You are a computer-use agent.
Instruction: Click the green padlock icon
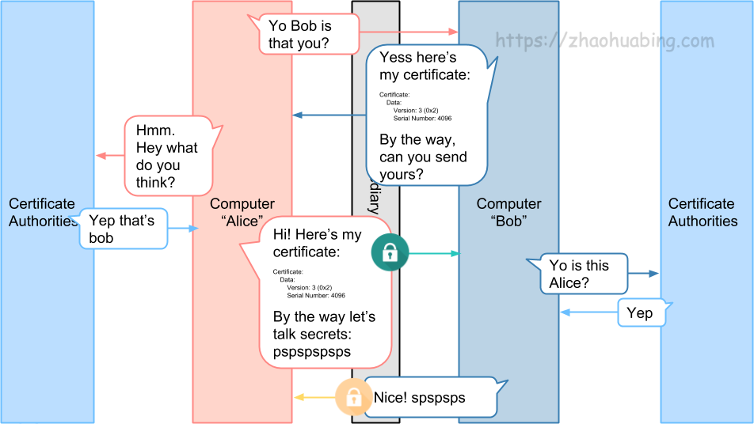coord(390,253)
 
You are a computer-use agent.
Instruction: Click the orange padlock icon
coord(352,397)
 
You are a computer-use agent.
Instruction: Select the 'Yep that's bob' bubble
coord(123,229)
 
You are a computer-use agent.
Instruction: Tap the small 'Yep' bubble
coord(640,313)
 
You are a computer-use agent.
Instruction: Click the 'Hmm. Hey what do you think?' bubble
coord(168,157)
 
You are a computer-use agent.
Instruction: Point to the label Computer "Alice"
coord(242,212)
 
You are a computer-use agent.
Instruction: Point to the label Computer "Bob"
coord(508,212)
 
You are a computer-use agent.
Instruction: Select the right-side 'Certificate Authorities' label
coord(703,212)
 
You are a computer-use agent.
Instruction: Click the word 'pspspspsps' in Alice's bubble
coord(312,351)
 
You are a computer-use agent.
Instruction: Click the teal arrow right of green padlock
coord(434,254)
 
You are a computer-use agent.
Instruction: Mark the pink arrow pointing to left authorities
coord(110,156)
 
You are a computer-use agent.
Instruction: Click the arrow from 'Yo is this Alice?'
coord(643,274)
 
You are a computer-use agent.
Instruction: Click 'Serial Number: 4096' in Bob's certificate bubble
coord(422,118)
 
